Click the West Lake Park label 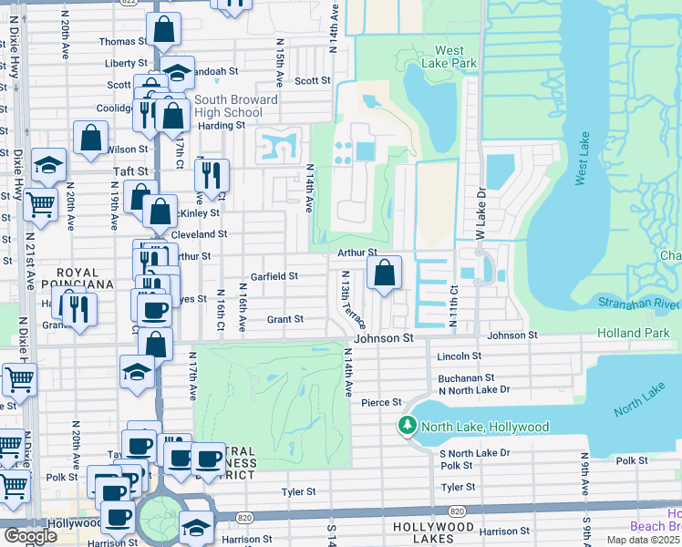pyautogui.click(x=456, y=57)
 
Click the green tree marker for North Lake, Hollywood pyautogui.click(x=407, y=426)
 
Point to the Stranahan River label pyautogui.click(x=638, y=302)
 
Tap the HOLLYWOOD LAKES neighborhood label pyautogui.click(x=433, y=527)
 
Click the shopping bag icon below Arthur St pyautogui.click(x=385, y=273)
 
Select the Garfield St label pyautogui.click(x=274, y=275)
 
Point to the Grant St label pyautogui.click(x=284, y=319)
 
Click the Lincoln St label pyautogui.click(x=459, y=356)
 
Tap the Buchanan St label pyautogui.click(x=465, y=377)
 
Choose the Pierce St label pyautogui.click(x=382, y=402)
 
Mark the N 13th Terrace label pyautogui.click(x=354, y=300)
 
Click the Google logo pyautogui.click(x=30, y=536)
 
